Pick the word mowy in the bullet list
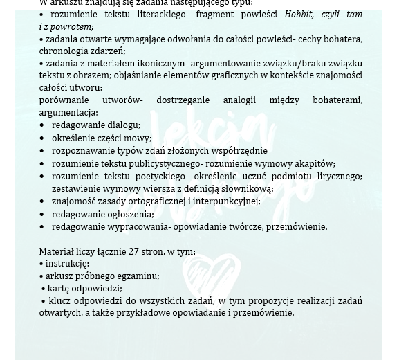point(140,138)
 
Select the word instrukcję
point(67,264)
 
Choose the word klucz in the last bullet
point(61,300)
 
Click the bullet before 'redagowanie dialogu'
point(42,125)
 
